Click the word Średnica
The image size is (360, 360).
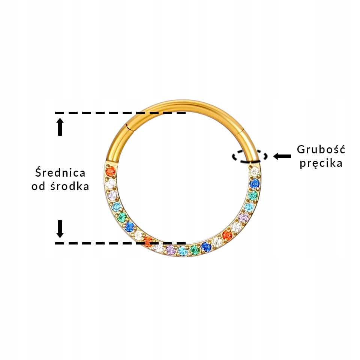click(x=60, y=173)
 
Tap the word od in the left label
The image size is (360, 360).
click(x=38, y=186)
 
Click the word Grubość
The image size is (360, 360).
click(x=321, y=149)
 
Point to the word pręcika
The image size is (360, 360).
click(x=321, y=163)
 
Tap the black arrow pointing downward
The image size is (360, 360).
click(x=60, y=229)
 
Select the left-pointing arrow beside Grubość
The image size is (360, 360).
click(x=282, y=156)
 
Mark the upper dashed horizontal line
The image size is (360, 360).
click(x=120, y=112)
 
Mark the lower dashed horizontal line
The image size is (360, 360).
click(x=120, y=243)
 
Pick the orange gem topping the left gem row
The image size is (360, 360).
click(x=110, y=172)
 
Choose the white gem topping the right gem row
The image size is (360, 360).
click(x=255, y=172)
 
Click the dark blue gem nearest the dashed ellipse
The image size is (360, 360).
click(x=255, y=183)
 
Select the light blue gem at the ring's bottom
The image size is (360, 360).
click(x=182, y=251)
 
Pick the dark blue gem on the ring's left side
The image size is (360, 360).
click(x=130, y=226)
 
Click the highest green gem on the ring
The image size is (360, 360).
click(x=253, y=195)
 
